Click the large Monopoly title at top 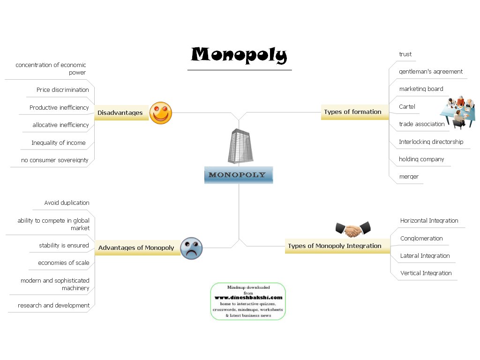click(x=239, y=55)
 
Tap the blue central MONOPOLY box click(x=238, y=175)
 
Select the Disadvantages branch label click(x=120, y=113)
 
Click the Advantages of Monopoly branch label click(x=136, y=247)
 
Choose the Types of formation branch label click(x=352, y=112)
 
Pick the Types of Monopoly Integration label click(x=335, y=246)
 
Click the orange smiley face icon click(x=161, y=113)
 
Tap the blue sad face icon click(x=191, y=248)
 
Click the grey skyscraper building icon click(x=240, y=146)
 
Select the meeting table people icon click(x=457, y=111)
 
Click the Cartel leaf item click(x=407, y=106)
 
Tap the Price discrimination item click(x=63, y=90)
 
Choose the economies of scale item click(x=63, y=262)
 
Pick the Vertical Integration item click(x=426, y=273)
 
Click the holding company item click(x=421, y=159)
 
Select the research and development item click(x=53, y=305)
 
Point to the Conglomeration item click(x=421, y=238)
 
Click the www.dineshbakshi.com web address click(x=248, y=297)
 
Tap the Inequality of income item click(x=59, y=142)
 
